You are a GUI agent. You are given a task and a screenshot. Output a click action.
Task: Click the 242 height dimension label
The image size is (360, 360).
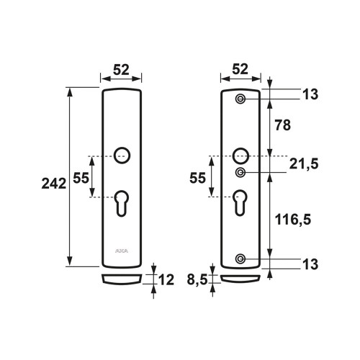[54, 184]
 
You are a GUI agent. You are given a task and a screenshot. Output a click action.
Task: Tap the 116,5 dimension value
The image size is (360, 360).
[293, 220]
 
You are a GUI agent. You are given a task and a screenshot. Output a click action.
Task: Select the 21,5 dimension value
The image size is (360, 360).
[304, 164]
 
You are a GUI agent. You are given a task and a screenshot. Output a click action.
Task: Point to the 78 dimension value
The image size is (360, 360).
[283, 125]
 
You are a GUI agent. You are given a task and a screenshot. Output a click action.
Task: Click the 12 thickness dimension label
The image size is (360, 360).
[166, 280]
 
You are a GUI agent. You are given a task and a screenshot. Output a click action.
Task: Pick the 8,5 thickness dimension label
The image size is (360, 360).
[197, 279]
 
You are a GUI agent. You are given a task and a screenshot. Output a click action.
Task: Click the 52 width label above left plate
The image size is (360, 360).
[121, 70]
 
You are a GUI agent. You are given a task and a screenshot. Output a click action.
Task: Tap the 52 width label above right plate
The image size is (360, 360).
[240, 69]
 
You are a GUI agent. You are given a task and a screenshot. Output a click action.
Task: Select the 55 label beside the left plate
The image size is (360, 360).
[81, 178]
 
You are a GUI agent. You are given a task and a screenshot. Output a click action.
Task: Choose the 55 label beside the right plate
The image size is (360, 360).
[197, 178]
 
